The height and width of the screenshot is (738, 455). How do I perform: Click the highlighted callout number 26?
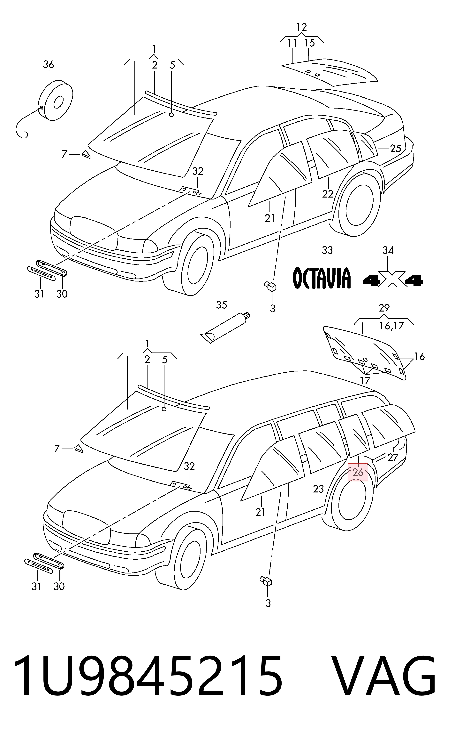point(358,472)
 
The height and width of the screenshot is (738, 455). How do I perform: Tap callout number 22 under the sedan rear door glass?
point(328,194)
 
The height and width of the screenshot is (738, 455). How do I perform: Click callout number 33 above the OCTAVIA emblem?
point(327,250)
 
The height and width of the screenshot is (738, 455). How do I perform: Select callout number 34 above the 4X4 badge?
point(388,250)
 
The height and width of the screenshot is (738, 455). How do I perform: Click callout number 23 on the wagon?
point(318,489)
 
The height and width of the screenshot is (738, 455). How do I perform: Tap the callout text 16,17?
point(391,326)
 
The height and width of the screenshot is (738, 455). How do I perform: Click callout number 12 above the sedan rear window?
point(301,27)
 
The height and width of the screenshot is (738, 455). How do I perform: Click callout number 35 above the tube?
point(222,305)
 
